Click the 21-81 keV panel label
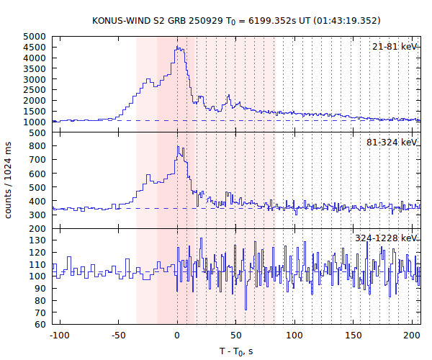[x=395, y=47]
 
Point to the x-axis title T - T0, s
[x=236, y=351]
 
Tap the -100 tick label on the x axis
[x=60, y=336]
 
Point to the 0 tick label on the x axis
[x=177, y=336]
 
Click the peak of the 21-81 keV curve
[x=178, y=48]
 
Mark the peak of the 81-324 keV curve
[x=178, y=147]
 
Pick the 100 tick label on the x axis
[x=294, y=336]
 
